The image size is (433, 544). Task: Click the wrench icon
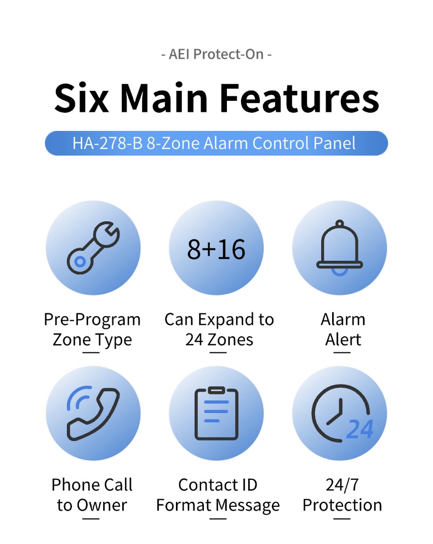tap(93, 248)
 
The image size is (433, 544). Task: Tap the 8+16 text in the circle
tap(216, 249)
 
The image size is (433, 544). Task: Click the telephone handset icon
tap(93, 413)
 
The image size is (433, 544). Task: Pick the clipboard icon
tap(216, 413)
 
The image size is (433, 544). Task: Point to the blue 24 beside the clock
tap(360, 429)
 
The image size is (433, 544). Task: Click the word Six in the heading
tap(82, 98)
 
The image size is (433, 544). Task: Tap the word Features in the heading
tap(299, 98)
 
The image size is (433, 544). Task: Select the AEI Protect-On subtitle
tap(216, 54)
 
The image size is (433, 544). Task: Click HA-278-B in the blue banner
tap(107, 144)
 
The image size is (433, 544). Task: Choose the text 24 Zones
tap(219, 340)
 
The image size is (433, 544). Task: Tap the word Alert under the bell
tap(343, 340)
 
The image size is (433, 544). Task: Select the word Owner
tap(102, 505)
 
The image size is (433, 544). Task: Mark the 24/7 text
tap(342, 485)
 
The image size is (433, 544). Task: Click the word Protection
tap(342, 505)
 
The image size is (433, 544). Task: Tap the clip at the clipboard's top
tap(216, 390)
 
